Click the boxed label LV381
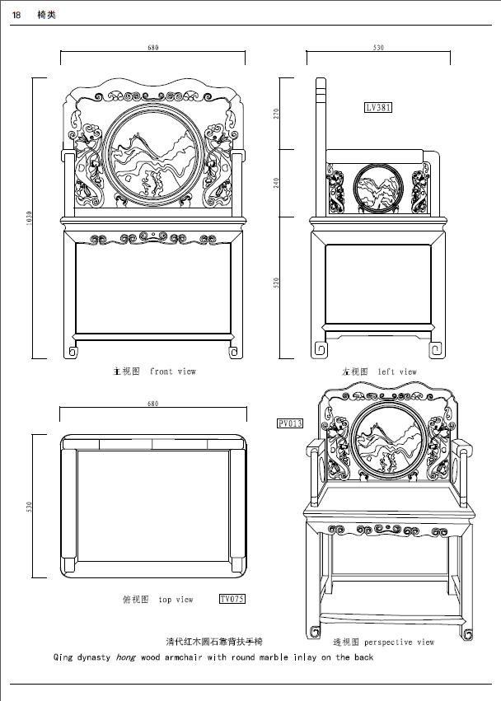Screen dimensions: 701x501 pyautogui.click(x=378, y=107)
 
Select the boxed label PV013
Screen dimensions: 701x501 pyautogui.click(x=290, y=423)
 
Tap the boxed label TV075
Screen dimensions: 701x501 pyautogui.click(x=232, y=599)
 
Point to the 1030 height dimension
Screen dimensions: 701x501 pyautogui.click(x=28, y=218)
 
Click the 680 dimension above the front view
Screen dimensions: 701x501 pyautogui.click(x=153, y=48)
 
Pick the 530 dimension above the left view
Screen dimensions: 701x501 pyautogui.click(x=378, y=48)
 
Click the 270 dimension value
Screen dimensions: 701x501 pyautogui.click(x=276, y=114)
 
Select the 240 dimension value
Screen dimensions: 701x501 pyautogui.click(x=276, y=182)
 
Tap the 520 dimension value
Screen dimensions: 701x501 pyautogui.click(x=276, y=283)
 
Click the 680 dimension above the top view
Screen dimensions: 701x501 pyautogui.click(x=152, y=404)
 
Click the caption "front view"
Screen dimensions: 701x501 pyautogui.click(x=173, y=372)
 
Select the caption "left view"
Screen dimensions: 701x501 pyautogui.click(x=397, y=372)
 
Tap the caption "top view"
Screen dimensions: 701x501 pyautogui.click(x=176, y=600)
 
